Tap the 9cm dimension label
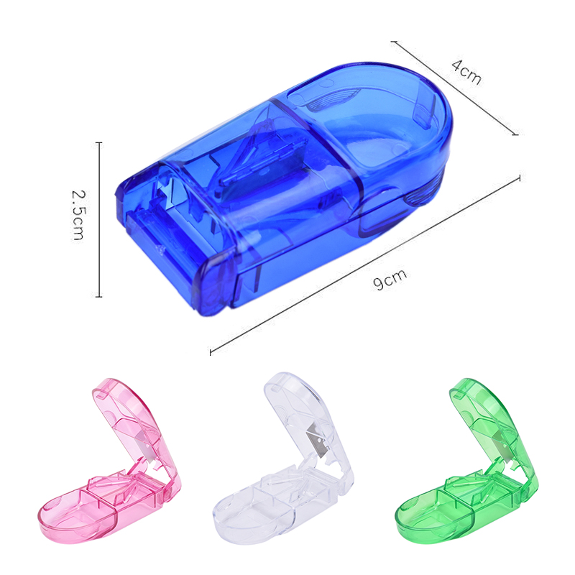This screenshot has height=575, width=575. [x=390, y=280]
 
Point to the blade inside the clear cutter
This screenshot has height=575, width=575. [x=315, y=434]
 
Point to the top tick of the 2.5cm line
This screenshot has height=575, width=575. [x=98, y=142]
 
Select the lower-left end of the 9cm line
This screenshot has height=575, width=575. [x=210, y=352]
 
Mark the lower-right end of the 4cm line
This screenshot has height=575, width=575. [x=515, y=134]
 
